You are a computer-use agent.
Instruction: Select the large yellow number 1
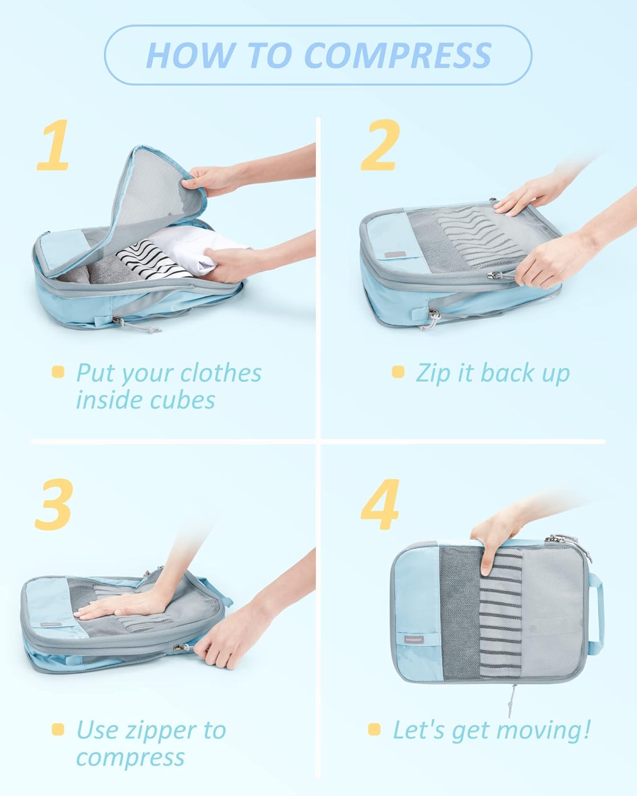53,145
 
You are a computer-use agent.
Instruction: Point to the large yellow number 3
53,504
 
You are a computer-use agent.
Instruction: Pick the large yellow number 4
380,504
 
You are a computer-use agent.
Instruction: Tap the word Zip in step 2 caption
433,373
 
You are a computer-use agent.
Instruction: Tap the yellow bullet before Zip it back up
398,372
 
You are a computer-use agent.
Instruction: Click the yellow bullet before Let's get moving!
374,730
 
